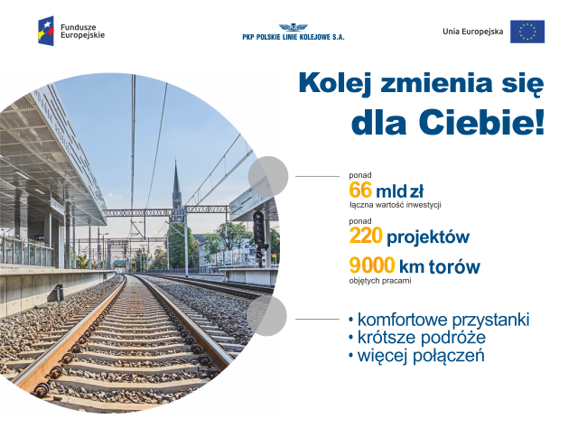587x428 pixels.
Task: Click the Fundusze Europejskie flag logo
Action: (x=46, y=31)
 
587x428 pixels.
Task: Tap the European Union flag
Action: (x=527, y=32)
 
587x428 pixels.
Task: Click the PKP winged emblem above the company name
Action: (x=293, y=28)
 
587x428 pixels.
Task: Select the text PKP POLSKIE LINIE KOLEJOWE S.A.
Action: (x=293, y=37)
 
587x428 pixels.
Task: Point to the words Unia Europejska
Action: (x=473, y=32)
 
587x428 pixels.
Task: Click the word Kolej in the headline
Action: (x=335, y=84)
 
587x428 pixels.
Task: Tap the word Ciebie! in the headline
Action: (x=481, y=122)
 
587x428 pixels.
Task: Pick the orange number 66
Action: (x=360, y=190)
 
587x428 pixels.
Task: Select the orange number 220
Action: (x=366, y=236)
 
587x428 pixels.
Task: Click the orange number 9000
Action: (x=372, y=265)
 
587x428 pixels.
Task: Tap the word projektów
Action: (x=428, y=237)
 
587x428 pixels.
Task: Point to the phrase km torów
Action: (x=440, y=266)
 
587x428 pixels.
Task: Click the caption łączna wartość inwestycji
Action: (x=395, y=205)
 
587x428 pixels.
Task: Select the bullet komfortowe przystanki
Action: (x=439, y=321)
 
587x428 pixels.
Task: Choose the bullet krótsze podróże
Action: (x=417, y=337)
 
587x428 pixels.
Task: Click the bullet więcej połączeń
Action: (x=416, y=355)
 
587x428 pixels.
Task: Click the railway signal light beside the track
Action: (x=258, y=228)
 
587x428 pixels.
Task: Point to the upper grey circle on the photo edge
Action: (x=268, y=176)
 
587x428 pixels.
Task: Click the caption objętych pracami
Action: (x=380, y=281)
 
